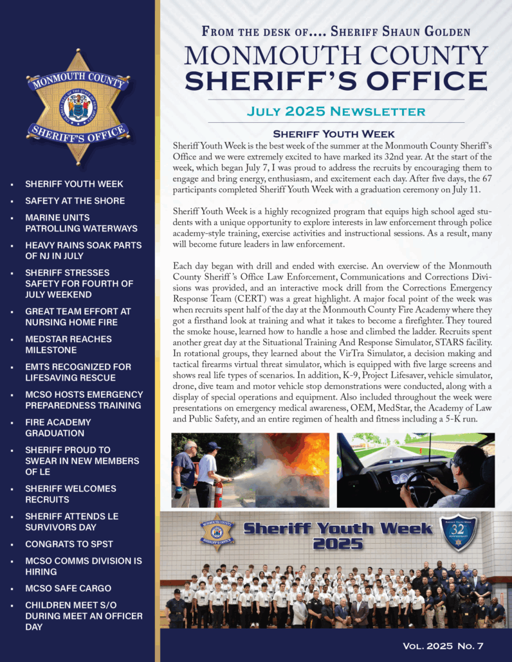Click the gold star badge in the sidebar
click(78, 106)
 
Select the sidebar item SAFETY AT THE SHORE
click(75, 201)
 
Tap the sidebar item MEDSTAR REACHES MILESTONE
click(68, 344)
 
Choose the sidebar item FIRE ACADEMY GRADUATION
click(58, 428)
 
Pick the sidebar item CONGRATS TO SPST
click(69, 544)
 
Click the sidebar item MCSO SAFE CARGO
click(68, 588)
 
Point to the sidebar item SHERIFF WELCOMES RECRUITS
click(71, 494)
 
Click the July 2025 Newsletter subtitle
click(336, 111)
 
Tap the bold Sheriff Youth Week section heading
click(334, 134)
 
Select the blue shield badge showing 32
click(458, 533)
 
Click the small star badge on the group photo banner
click(217, 533)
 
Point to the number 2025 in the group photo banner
click(338, 544)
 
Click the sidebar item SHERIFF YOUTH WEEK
click(74, 184)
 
